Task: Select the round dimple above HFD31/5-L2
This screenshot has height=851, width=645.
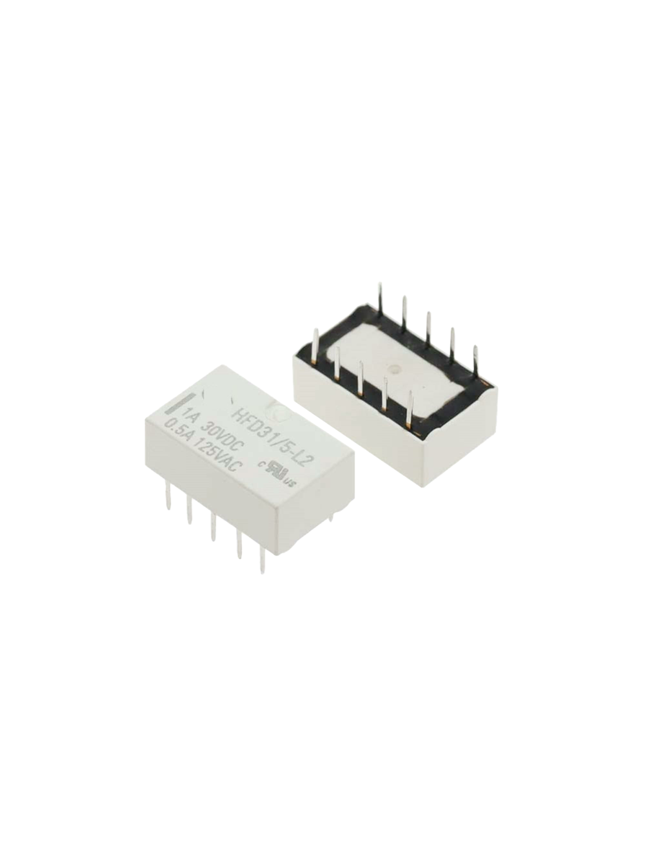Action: click(x=247, y=401)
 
